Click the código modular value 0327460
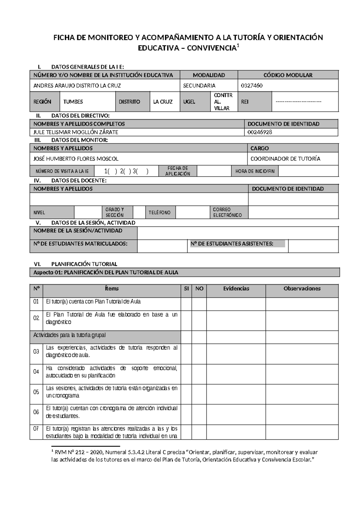[252, 86]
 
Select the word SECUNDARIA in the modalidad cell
[199, 86]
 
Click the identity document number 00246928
[260, 132]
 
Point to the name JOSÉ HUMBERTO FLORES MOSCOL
[76, 158]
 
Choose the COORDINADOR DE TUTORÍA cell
[285, 158]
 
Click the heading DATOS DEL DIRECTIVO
[80, 116]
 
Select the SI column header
[186, 288]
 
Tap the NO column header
[199, 288]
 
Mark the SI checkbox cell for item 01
[186, 304]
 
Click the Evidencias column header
[236, 288]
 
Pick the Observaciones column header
[302, 288]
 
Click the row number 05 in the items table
[36, 392]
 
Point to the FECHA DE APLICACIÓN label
[178, 171]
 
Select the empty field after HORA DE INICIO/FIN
[308, 171]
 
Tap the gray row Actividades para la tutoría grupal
[105, 335]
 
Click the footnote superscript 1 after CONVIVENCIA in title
[238, 46]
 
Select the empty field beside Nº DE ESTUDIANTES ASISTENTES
[313, 246]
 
